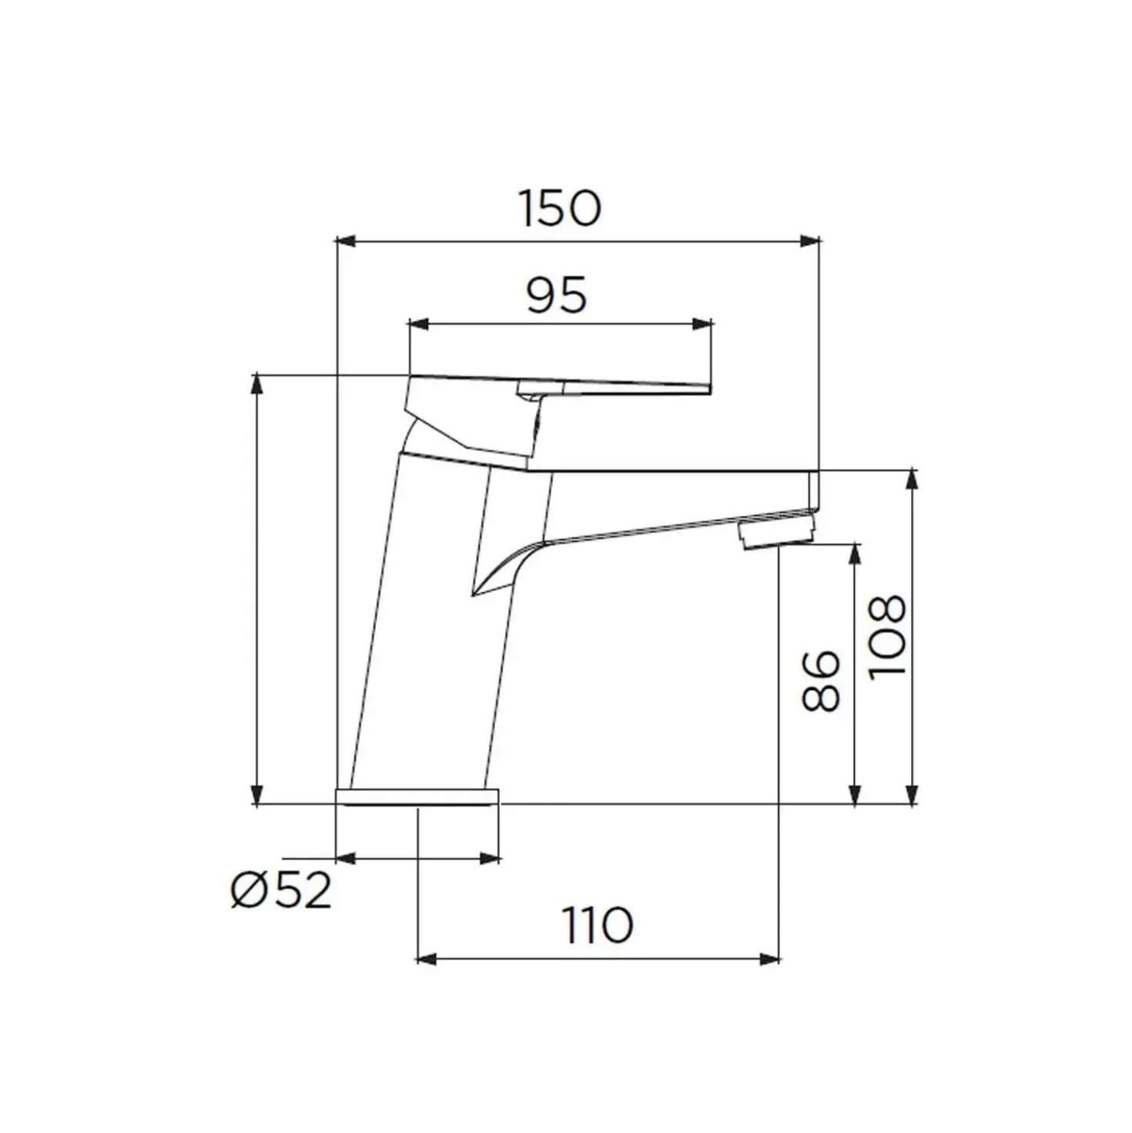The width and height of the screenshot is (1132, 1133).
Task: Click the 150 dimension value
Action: (561, 208)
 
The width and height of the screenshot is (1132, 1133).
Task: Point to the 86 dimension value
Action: (820, 681)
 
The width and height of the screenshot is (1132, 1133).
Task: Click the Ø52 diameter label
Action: (281, 891)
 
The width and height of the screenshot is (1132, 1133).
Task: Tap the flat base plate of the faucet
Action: (417, 796)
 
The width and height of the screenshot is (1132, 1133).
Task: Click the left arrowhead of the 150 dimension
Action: (346, 240)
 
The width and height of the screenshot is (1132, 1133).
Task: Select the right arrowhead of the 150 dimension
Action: (809, 240)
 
